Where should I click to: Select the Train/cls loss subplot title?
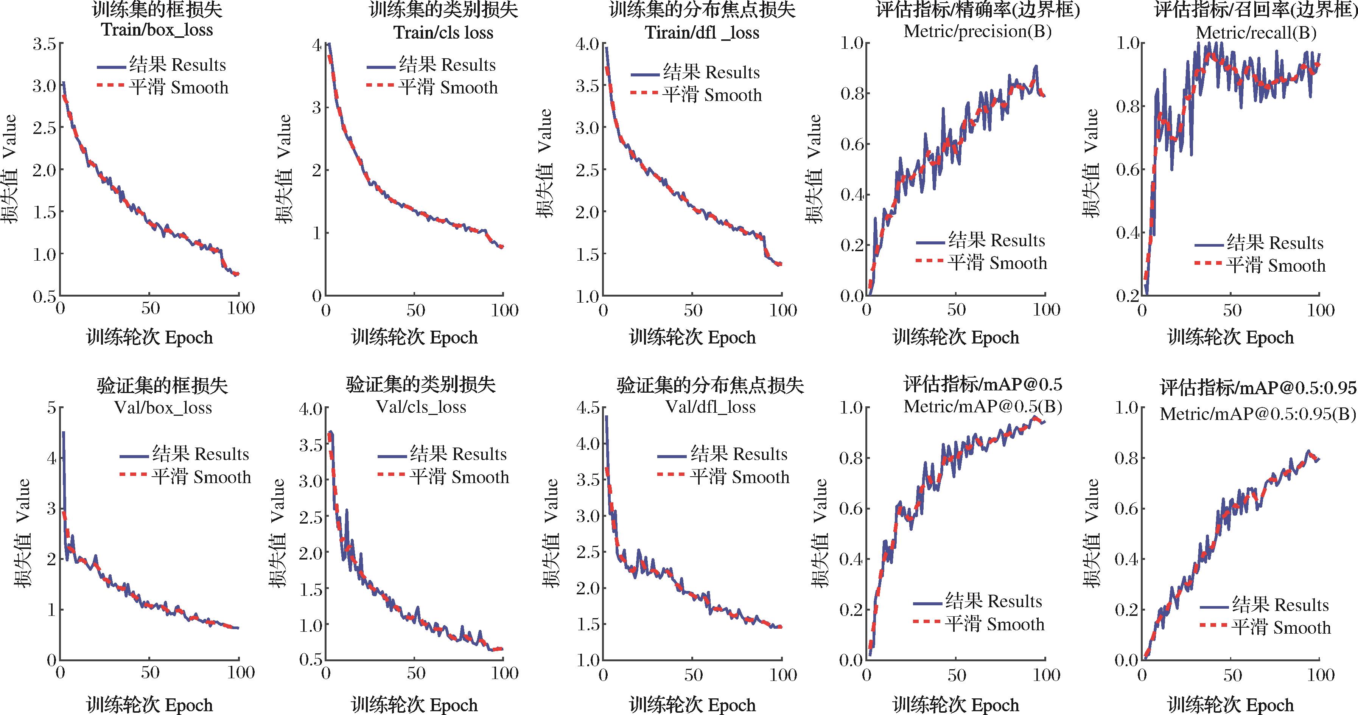(x=443, y=32)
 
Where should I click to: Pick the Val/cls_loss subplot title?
(x=421, y=407)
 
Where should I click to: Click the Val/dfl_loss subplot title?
(x=710, y=407)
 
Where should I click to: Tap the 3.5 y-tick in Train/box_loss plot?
(x=44, y=44)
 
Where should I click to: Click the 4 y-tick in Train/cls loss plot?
(x=317, y=45)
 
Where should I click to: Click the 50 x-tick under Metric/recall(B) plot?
(x=1232, y=309)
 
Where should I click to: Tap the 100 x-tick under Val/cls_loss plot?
(x=504, y=673)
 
